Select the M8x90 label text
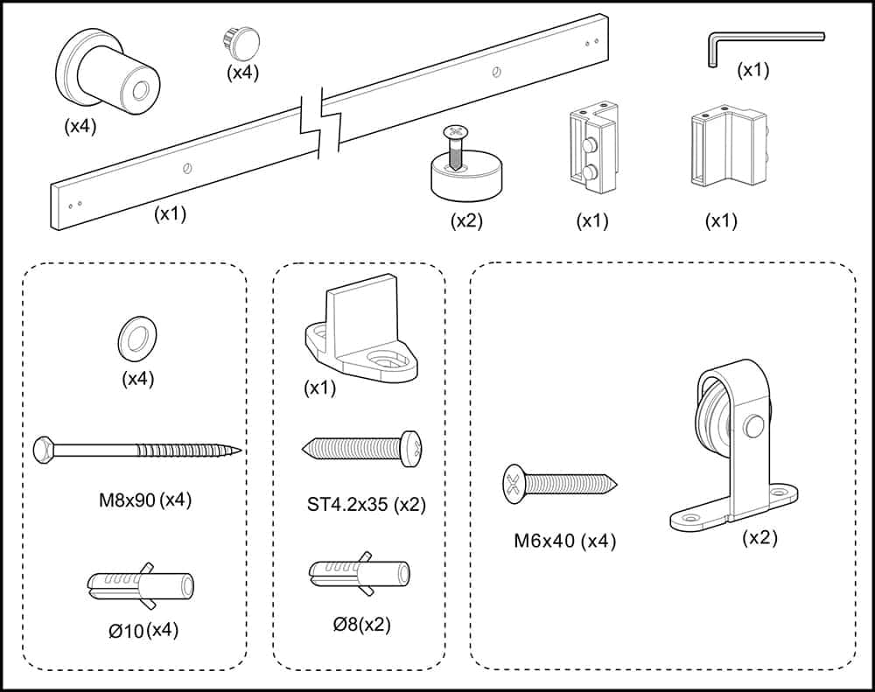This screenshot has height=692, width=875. pyautogui.click(x=127, y=500)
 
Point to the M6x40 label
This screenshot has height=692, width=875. pyautogui.click(x=544, y=541)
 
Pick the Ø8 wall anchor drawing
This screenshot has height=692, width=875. pyautogui.click(x=360, y=572)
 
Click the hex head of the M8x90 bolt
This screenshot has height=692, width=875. pyautogui.click(x=44, y=450)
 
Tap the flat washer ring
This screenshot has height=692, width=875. pyautogui.click(x=137, y=336)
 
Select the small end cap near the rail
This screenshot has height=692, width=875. pyautogui.click(x=239, y=42)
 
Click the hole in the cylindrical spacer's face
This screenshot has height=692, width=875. pyautogui.click(x=140, y=88)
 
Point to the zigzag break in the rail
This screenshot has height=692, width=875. pyautogui.click(x=321, y=122)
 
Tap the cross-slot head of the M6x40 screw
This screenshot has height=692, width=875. pyautogui.click(x=514, y=485)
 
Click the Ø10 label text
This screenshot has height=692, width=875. pyautogui.click(x=127, y=631)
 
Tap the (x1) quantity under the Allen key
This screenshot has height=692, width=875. pyautogui.click(x=752, y=70)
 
